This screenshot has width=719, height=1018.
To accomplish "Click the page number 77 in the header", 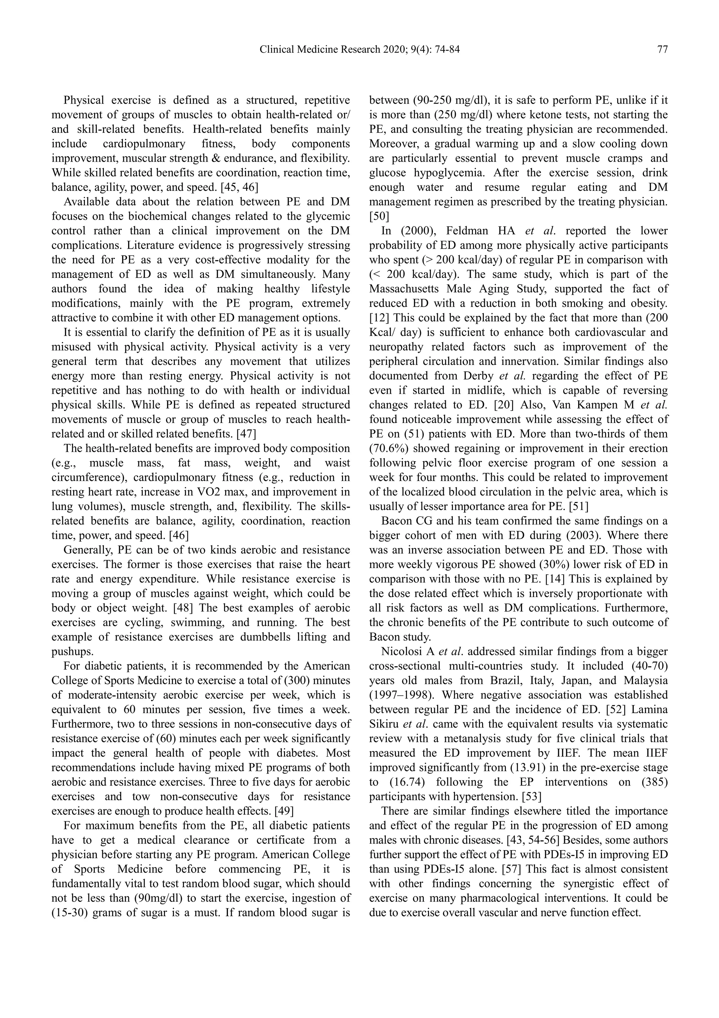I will (662, 50).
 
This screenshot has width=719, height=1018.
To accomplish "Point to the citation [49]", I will (284, 811).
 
